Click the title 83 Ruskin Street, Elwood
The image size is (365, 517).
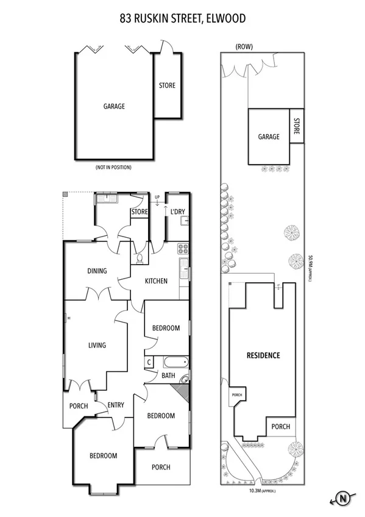[182, 19]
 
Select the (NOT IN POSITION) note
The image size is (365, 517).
[113, 167]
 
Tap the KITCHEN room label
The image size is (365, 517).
[156, 281]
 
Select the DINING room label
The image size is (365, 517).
[97, 271]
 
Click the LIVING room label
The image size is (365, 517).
[97, 345]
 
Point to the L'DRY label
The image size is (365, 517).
[177, 212]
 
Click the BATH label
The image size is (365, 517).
[168, 376]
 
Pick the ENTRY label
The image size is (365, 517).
[116, 405]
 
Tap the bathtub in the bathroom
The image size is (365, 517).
[175, 362]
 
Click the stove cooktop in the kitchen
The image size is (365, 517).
[183, 248]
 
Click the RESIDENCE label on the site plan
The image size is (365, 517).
[263, 355]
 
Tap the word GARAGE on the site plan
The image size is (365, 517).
[268, 137]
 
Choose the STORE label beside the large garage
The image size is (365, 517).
[167, 85]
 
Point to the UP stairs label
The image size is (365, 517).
[157, 197]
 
